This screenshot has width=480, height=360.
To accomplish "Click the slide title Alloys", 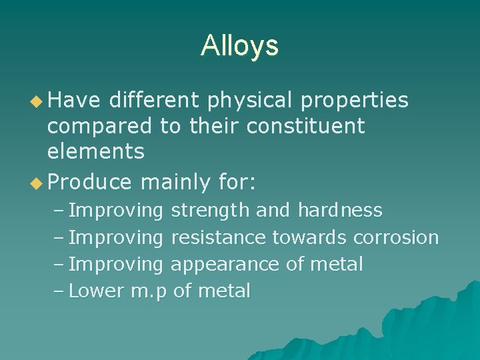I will click(239, 45).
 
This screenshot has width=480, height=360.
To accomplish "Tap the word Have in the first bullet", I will click(73, 100).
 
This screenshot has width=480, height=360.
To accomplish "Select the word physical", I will click(251, 101).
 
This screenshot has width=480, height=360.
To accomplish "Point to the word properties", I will click(355, 101).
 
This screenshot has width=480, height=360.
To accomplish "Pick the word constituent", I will click(306, 125).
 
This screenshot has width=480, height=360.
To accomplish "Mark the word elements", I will click(95, 151).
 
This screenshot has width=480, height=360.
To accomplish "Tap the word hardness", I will click(340, 211).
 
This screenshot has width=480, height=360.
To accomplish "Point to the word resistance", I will click(219, 237).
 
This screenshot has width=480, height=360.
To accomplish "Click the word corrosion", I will click(396, 237).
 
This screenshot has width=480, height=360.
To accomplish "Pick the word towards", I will click(309, 237).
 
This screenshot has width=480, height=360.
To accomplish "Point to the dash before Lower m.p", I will click(58, 291).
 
